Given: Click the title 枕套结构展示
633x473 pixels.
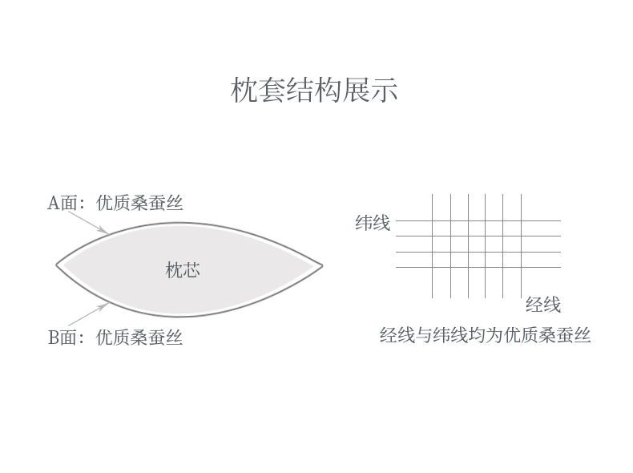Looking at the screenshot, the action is [x=314, y=90].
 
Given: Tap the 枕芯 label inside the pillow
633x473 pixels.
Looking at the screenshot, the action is [x=183, y=270].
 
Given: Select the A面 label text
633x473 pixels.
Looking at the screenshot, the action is [x=64, y=203].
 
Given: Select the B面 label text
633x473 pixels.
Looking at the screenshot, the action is [x=64, y=338].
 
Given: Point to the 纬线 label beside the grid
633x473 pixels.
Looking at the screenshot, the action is [x=373, y=223].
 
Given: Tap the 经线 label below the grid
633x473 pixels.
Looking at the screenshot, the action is [x=542, y=305].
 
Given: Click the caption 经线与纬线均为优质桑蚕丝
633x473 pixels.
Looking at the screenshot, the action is [x=485, y=335].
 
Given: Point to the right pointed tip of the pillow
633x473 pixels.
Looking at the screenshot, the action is [x=321, y=265].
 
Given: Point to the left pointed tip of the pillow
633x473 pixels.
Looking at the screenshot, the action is [x=58, y=265].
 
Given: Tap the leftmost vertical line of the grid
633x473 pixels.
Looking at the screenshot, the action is [x=433, y=281].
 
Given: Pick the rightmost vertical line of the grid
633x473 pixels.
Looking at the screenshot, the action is [x=522, y=281].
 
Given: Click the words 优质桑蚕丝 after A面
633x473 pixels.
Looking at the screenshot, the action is [x=139, y=203].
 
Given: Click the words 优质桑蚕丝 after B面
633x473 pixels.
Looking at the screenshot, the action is [x=139, y=338].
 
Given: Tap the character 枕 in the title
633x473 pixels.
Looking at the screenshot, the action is [x=244, y=90].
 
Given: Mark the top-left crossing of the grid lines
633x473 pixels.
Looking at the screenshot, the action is [x=433, y=220].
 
